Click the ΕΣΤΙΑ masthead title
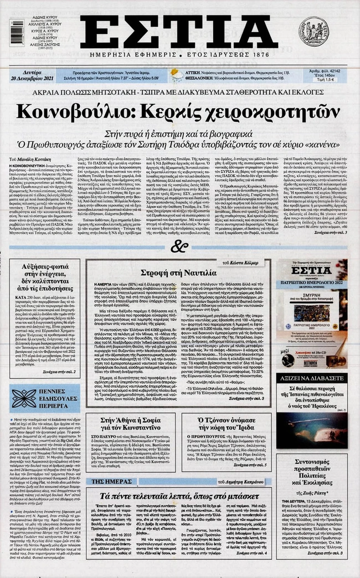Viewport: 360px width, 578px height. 178,32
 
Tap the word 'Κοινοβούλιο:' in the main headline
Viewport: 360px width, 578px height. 78,111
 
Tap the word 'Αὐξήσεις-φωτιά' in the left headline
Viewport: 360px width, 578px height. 44,268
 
